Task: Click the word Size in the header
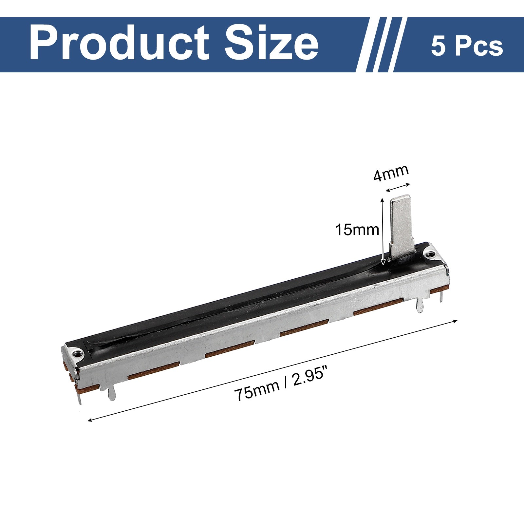click(271, 43)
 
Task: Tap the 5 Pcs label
click(467, 46)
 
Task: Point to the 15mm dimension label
click(357, 230)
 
